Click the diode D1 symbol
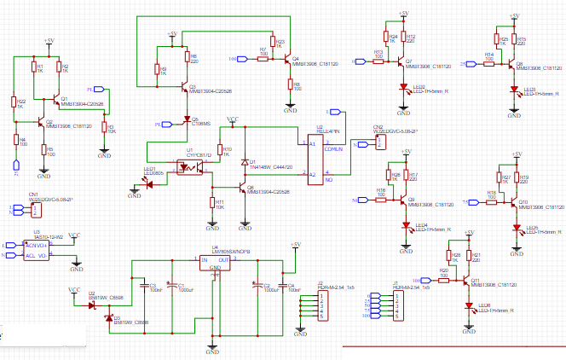click(x=245, y=162)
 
